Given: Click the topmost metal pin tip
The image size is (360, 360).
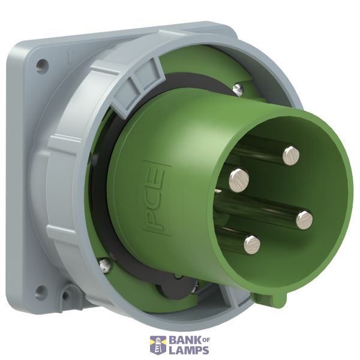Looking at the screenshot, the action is click(x=291, y=156).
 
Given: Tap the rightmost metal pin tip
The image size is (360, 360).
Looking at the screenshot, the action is click(x=304, y=220).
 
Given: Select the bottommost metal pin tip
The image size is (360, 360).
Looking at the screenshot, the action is click(x=252, y=244).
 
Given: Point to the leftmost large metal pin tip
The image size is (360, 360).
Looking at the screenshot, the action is click(x=239, y=180).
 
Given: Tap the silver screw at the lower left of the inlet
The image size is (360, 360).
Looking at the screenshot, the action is click(x=104, y=265).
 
